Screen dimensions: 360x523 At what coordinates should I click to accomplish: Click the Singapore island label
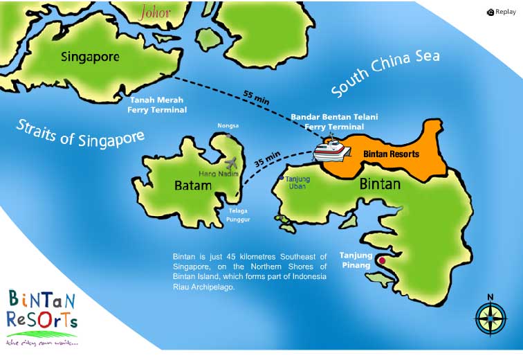pyautogui.click(x=90, y=56)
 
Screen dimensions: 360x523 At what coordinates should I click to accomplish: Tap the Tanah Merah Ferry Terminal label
pyautogui.click(x=157, y=105)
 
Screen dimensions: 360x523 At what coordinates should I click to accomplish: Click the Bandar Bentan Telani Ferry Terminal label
pyautogui.click(x=334, y=122)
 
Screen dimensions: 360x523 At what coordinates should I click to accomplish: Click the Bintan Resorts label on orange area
pyautogui.click(x=392, y=154)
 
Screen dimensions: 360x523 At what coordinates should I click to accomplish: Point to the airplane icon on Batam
pyautogui.click(x=231, y=164)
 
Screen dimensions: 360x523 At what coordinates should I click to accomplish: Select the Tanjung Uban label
pyautogui.click(x=298, y=182)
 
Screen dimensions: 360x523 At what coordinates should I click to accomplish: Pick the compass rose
pyautogui.click(x=490, y=318)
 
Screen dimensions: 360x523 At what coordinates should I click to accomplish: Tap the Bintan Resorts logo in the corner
pyautogui.click(x=42, y=316)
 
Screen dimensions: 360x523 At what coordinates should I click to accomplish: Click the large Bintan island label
pyautogui.click(x=380, y=185)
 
